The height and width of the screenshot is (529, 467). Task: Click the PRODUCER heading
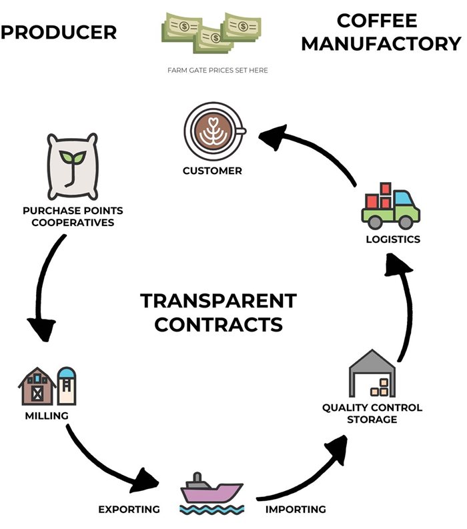point(59,31)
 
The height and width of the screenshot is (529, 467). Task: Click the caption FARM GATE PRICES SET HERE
point(218,70)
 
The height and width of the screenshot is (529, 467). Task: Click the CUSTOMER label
point(213,171)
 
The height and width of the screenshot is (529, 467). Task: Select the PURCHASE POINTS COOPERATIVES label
point(73,216)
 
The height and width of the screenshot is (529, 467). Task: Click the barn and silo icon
point(47,386)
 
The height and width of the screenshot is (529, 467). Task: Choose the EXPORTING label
point(129,510)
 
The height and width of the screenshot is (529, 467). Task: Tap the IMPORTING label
point(296,510)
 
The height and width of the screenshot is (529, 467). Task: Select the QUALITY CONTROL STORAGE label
point(372,413)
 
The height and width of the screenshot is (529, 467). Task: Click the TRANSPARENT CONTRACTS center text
point(218,312)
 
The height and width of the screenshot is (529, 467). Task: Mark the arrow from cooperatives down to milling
point(45,287)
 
